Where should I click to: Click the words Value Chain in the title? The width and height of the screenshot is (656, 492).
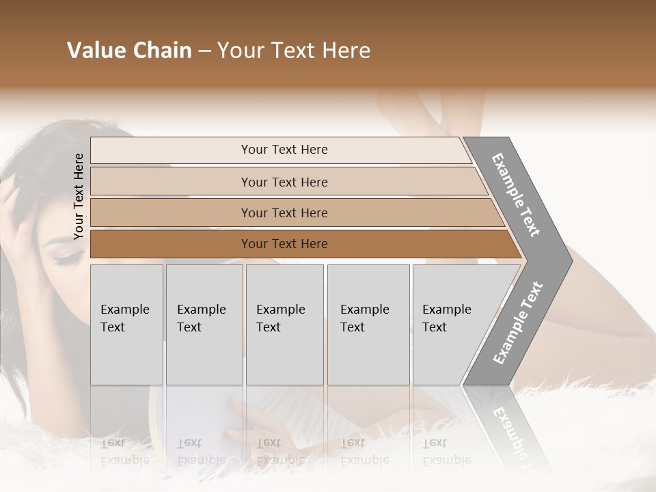(x=129, y=51)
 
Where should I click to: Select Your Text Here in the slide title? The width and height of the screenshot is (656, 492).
(x=294, y=51)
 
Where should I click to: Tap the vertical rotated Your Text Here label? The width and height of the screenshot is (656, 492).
(x=79, y=196)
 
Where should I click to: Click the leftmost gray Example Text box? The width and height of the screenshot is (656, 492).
(x=126, y=325)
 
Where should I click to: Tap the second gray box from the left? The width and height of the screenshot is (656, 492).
(x=204, y=325)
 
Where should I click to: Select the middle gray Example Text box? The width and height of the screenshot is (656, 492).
(x=284, y=325)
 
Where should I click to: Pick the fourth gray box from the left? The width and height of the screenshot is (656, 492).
(x=368, y=325)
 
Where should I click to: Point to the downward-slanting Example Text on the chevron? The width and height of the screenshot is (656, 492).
(x=516, y=195)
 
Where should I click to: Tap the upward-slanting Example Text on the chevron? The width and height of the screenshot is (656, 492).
(x=518, y=323)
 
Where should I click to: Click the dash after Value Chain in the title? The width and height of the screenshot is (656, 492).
(x=204, y=51)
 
